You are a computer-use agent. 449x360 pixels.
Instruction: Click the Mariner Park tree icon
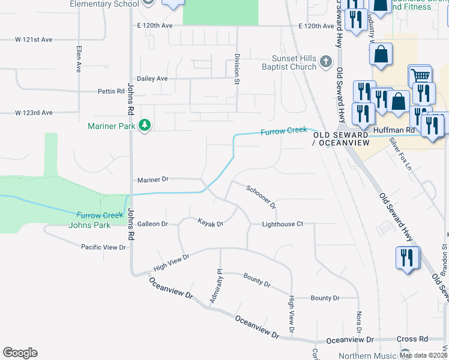[x=145, y=125]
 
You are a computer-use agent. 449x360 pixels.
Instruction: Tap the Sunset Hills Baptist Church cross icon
[x=325, y=61]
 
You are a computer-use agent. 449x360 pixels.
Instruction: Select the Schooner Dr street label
[x=261, y=196]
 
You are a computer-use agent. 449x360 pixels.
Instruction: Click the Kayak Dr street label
[x=211, y=223]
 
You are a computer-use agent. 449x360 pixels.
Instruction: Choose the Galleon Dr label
[x=152, y=224]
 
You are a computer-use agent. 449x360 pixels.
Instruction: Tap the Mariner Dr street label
[x=153, y=179]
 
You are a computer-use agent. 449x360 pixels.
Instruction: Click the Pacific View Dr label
[x=104, y=247]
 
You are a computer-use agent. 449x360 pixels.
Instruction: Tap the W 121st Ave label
[x=34, y=39]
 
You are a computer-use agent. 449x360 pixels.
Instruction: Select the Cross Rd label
[x=412, y=339]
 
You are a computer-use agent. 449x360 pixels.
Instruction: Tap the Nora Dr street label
[x=359, y=322]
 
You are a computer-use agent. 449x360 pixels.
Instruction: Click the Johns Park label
[x=89, y=225]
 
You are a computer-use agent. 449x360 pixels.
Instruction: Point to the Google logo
[x=20, y=353]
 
